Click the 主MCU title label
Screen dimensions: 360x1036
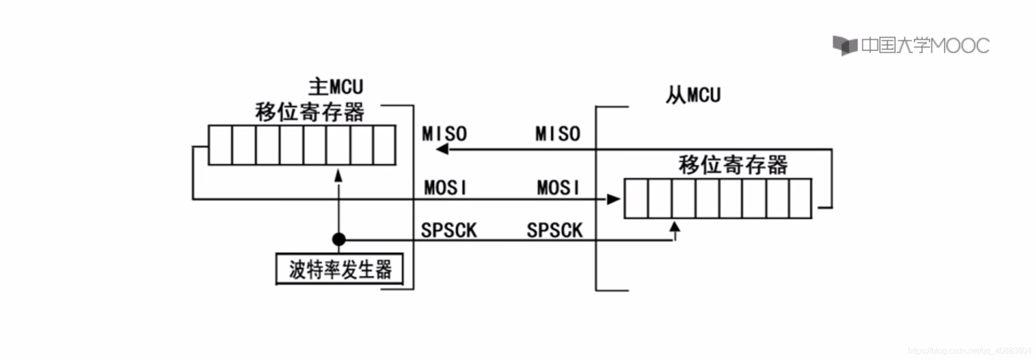[336, 87]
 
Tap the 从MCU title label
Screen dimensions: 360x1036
[693, 95]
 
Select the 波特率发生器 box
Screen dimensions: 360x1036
[339, 269]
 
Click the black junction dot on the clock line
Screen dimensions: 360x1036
[339, 239]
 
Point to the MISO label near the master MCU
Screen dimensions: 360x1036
[444, 134]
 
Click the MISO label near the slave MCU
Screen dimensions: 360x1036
[557, 134]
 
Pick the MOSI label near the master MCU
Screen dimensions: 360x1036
[445, 188]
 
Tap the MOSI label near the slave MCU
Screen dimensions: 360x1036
[558, 188]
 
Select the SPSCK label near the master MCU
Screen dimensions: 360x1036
[449, 231]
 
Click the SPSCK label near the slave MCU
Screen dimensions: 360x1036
[554, 231]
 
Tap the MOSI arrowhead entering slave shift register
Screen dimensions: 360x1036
[613, 199]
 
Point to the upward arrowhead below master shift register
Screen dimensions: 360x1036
[338, 176]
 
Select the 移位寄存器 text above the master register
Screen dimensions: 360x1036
[310, 112]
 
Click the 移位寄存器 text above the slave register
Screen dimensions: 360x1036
[733, 165]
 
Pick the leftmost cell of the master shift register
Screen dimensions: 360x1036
[221, 145]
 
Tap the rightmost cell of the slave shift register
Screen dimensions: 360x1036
[800, 198]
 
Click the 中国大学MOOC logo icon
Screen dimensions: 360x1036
[844, 46]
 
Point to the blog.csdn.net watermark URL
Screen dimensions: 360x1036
[969, 351]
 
